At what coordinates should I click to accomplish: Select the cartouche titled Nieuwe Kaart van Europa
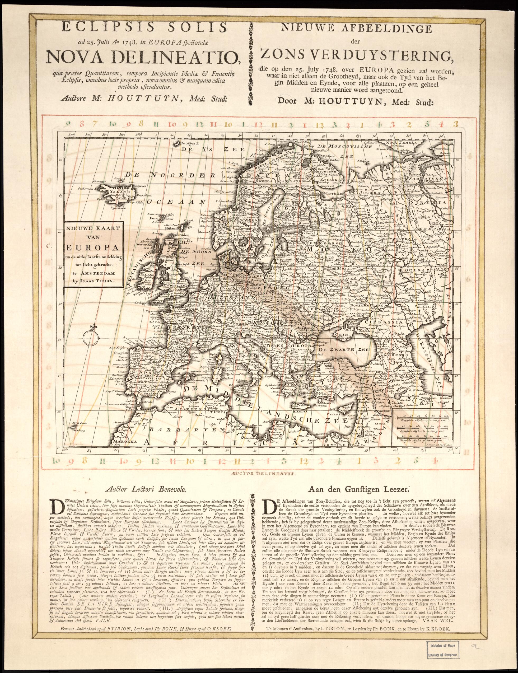(93, 255)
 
